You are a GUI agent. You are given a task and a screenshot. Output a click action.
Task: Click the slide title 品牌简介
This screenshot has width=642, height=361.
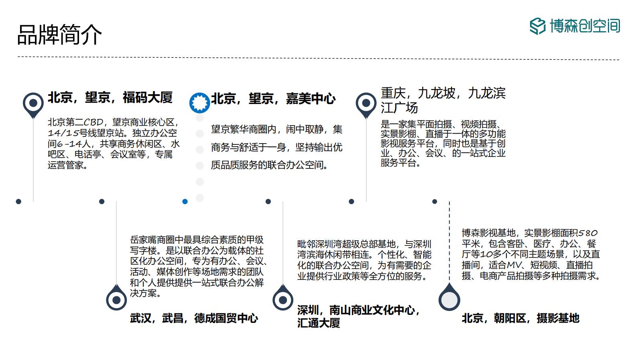tap(60, 34)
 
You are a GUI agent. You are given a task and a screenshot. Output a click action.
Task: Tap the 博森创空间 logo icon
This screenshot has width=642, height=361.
tap(537, 26)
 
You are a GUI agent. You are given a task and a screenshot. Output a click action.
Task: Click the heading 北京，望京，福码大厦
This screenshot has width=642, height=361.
tap(110, 97)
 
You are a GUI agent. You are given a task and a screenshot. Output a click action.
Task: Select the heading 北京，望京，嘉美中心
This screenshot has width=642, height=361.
tap(273, 99)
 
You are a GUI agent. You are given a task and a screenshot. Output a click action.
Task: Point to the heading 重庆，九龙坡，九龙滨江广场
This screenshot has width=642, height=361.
tap(443, 100)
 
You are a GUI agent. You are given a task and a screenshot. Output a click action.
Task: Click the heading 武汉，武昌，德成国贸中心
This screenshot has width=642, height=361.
tap(194, 318)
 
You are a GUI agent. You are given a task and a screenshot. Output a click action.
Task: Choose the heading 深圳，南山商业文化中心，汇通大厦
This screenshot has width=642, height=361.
tap(359, 316)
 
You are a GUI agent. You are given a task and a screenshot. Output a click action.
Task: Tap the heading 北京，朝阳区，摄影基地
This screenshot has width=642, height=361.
tap(520, 318)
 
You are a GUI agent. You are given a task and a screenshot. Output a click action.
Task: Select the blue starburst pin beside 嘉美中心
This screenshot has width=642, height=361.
tap(200, 103)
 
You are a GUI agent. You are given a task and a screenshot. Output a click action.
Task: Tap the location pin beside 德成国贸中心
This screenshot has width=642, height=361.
tap(116, 298)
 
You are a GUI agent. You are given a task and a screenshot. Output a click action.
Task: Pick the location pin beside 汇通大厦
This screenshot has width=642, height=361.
tap(283, 298)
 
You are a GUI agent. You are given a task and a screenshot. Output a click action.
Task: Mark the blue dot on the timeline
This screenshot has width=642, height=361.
tap(185, 202)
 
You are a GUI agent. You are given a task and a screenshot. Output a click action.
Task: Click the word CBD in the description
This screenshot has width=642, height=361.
tap(93, 122)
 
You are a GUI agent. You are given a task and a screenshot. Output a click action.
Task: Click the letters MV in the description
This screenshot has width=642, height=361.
tap(514, 265)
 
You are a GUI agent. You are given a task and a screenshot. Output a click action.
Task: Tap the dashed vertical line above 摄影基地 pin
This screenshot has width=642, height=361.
tap(449, 241)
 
